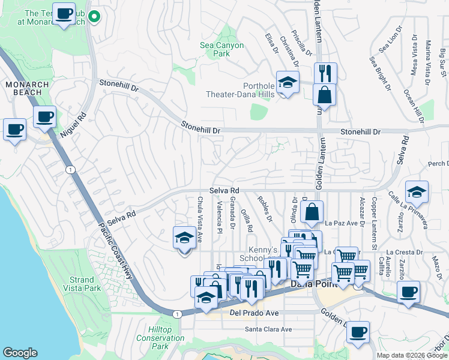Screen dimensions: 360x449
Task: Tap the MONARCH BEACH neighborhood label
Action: [x=24, y=88]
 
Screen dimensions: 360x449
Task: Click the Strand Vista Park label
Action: [x=82, y=284]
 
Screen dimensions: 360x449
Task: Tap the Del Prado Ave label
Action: [x=254, y=313]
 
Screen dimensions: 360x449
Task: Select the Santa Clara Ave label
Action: [x=268, y=329]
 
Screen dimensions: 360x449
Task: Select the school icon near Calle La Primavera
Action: [x=417, y=193]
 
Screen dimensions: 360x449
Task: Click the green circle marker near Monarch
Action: [x=93, y=16]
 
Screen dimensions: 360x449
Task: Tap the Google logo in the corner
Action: [x=20, y=352]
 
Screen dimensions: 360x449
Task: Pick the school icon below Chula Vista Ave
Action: [x=184, y=238]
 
